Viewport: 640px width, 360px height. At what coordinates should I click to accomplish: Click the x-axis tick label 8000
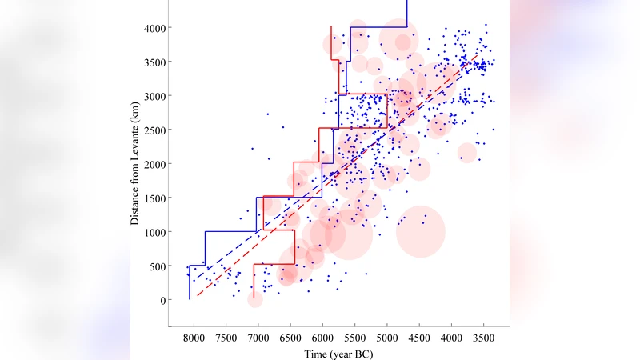193,338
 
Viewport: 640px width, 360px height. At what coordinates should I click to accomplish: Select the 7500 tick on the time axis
226,338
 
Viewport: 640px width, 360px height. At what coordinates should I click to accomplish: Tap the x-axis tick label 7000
258,338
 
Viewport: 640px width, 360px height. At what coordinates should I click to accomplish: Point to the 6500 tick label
290,338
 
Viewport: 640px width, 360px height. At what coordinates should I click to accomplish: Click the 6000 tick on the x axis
322,338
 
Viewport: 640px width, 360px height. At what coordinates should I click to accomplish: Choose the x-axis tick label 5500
355,338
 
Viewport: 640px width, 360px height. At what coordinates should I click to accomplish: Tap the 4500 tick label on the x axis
420,338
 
